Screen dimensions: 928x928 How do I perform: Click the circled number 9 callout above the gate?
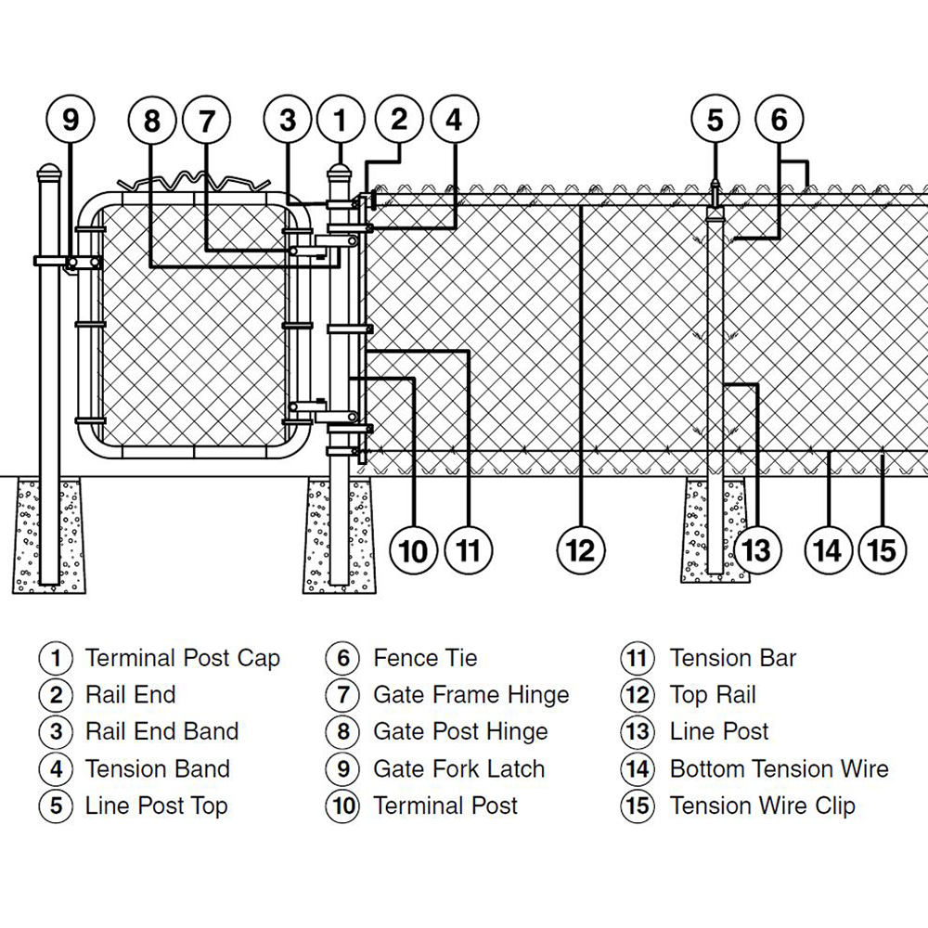71,121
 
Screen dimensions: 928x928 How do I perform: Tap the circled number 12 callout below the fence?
580,549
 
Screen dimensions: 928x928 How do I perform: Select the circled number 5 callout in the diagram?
715,121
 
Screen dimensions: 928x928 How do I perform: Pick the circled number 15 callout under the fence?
882,549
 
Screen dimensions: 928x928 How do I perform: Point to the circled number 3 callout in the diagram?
288,121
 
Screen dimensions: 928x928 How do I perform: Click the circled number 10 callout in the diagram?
414,549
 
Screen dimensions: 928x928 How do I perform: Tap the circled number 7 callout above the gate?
206,121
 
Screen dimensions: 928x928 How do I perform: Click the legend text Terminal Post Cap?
182,659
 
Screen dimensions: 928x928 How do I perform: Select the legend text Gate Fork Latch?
458,769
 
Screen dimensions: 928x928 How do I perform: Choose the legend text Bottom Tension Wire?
779,769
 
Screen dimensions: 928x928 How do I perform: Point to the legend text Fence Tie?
425,659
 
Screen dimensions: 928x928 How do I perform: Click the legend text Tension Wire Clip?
762,806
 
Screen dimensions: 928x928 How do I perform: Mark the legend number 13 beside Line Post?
638,732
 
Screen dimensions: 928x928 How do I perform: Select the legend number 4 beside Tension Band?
57,769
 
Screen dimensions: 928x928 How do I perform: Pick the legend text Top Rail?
713,695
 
